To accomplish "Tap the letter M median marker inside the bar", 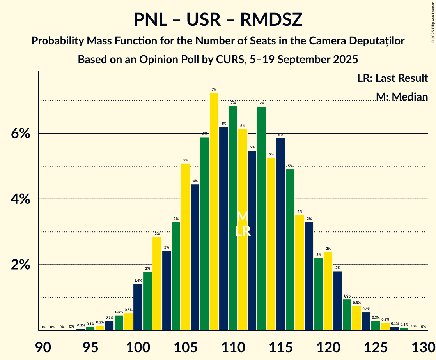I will (x=243, y=216).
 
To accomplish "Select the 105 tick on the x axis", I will (x=185, y=347).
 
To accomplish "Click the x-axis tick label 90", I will (x=43, y=347).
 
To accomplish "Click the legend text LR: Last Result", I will (x=392, y=78).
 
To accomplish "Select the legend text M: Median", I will (x=402, y=97).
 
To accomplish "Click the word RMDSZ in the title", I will (x=271, y=20).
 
